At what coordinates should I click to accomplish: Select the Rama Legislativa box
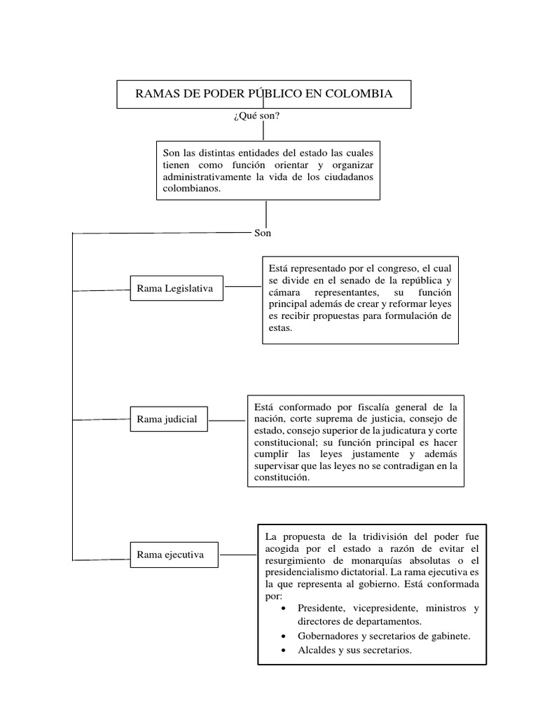[x=175, y=288]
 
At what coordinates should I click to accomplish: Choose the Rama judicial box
[x=167, y=419]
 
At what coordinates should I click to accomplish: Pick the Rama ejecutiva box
[x=170, y=555]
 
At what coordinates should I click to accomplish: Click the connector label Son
[x=262, y=233]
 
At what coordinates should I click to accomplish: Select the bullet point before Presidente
[x=282, y=609]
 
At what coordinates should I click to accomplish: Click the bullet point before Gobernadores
[x=282, y=636]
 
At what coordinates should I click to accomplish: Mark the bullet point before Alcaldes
[x=282, y=651]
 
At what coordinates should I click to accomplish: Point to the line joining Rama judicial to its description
[x=228, y=420]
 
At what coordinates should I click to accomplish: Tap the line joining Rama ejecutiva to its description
[x=238, y=555]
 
